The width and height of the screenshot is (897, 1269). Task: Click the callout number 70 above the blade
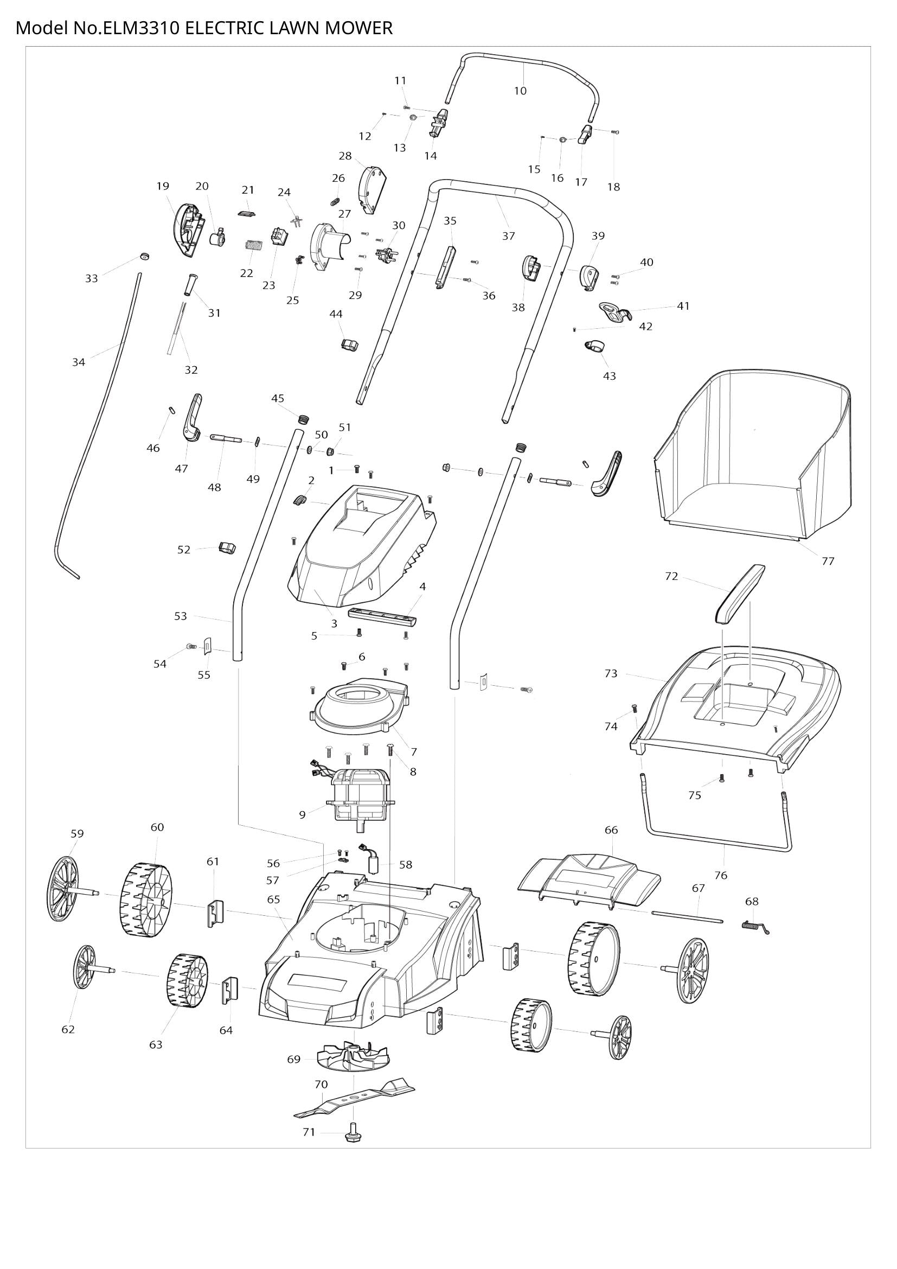(x=321, y=1084)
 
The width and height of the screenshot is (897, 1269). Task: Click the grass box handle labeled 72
(x=740, y=594)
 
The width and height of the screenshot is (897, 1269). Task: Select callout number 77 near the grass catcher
(x=828, y=561)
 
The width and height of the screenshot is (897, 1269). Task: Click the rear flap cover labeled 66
(x=590, y=875)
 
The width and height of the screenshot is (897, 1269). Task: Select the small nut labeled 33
(x=144, y=257)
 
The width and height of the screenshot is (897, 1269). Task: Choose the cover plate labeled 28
(x=372, y=190)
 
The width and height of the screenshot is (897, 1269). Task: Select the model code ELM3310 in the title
(x=140, y=28)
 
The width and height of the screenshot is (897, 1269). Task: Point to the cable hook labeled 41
(x=613, y=313)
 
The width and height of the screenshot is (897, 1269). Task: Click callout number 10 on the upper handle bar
(x=520, y=91)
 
